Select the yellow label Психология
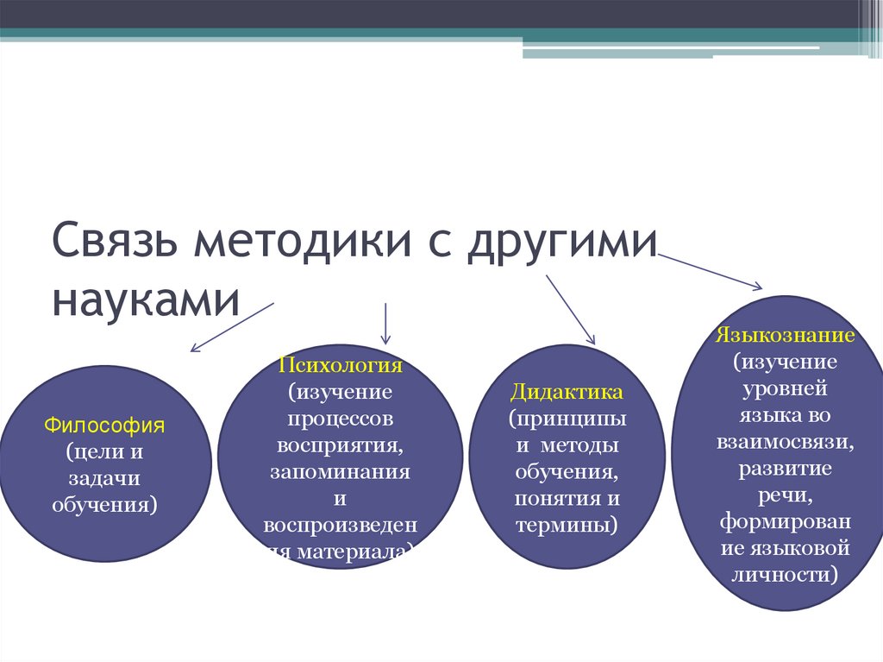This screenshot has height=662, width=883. point(340,364)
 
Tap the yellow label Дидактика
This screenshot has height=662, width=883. point(567,393)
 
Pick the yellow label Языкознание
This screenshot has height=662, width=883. point(785,334)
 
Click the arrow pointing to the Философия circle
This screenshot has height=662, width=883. point(231,327)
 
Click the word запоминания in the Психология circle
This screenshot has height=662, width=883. point(340,473)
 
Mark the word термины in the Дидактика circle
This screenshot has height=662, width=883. point(567,526)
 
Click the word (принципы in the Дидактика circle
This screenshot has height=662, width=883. point(567,419)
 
